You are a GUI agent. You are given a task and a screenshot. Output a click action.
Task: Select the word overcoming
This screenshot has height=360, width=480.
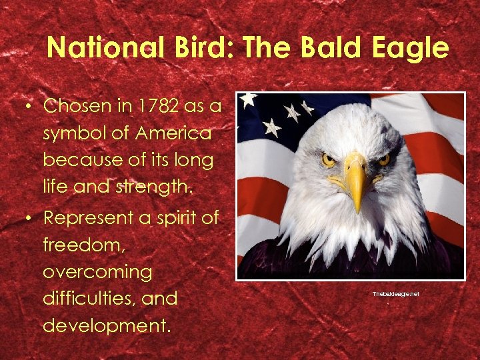97,271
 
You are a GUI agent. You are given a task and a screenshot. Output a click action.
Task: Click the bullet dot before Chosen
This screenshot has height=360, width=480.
29,107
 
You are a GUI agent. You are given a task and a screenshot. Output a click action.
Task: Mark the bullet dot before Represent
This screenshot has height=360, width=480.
29,217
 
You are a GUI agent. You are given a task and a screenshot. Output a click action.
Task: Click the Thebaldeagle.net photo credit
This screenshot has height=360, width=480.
396,293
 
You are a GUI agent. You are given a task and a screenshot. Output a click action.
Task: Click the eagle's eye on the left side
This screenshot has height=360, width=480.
329,159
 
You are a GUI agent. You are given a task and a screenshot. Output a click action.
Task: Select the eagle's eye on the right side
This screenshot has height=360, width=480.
383,159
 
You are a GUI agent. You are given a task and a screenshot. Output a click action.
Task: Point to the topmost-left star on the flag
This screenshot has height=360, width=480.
248,99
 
